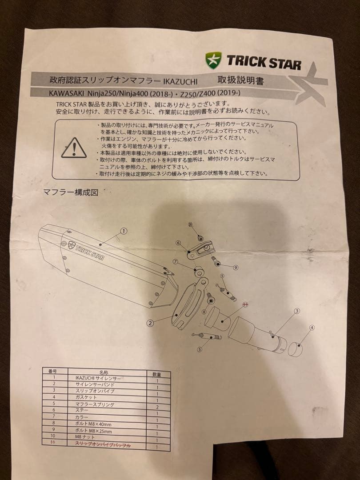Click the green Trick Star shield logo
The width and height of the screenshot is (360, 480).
point(213,60)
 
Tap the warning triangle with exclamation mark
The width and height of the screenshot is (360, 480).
point(74,148)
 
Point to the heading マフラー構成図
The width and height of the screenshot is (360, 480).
point(70,192)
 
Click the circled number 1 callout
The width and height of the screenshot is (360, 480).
point(124,231)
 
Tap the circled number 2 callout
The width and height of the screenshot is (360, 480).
point(150,323)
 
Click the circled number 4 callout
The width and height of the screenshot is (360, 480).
point(312,328)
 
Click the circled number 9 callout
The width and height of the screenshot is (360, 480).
point(236,267)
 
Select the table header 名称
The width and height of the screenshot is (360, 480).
point(104,371)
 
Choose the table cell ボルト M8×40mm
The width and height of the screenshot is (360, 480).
point(93,424)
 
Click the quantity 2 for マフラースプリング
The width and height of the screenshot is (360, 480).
point(157,406)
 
